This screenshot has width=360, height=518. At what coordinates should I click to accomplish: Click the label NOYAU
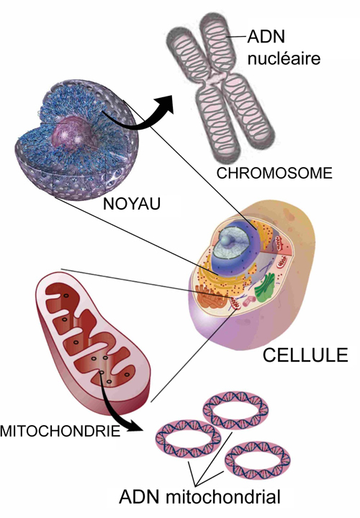pyautogui.click(x=132, y=204)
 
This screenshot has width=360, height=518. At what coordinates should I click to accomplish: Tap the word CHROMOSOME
pyautogui.click(x=274, y=173)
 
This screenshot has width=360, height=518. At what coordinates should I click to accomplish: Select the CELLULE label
pyautogui.click(x=305, y=355)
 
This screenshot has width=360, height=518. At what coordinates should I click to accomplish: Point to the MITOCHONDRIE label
pyautogui.click(x=60, y=431)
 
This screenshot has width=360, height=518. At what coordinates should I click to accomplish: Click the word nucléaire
pyautogui.click(x=284, y=58)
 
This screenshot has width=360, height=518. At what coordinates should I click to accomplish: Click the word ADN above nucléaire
pyautogui.click(x=266, y=36)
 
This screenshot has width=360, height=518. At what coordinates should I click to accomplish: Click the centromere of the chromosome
pyautogui.click(x=216, y=78)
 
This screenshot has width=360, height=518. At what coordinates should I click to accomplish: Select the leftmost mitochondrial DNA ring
pyautogui.click(x=188, y=438)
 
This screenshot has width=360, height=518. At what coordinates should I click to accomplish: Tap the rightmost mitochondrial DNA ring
pyautogui.click(x=257, y=460)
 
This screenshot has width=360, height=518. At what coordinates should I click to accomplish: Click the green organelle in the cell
pyautogui.click(x=265, y=287)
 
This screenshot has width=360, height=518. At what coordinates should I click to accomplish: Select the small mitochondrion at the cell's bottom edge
pyautogui.click(x=236, y=303)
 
